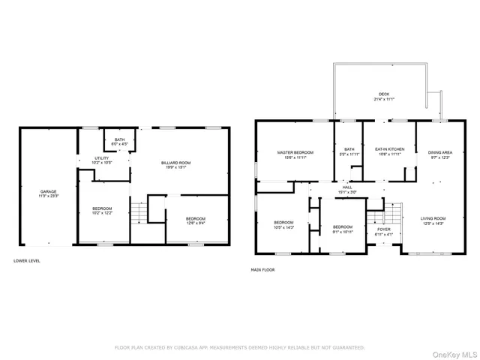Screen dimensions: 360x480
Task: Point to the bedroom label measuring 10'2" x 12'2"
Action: (x=101, y=209)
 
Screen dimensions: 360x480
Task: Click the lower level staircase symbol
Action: (x=138, y=214)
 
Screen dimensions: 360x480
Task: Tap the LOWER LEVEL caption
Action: (x=27, y=261)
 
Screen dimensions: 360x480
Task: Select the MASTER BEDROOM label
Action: (x=295, y=154)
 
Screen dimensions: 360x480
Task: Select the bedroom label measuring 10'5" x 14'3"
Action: (x=283, y=224)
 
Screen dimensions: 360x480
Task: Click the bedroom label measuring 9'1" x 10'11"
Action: (x=343, y=228)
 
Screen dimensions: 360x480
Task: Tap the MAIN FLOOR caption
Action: (x=264, y=270)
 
